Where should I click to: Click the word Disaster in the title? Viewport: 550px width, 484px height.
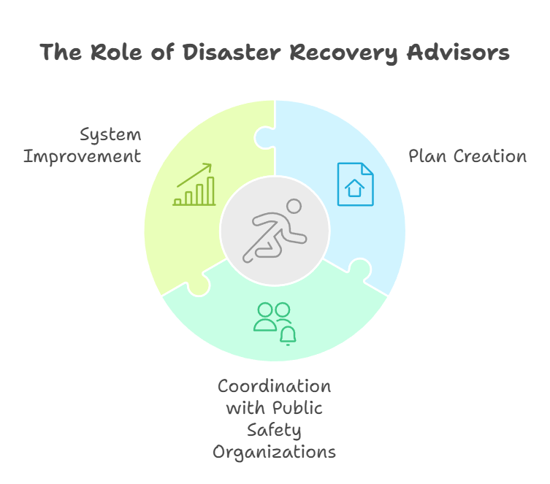tap(232, 53)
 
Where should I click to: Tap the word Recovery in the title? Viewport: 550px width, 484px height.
tap(344, 53)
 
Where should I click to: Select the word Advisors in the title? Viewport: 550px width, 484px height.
tap(458, 53)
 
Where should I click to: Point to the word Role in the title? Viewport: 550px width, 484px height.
tap(116, 53)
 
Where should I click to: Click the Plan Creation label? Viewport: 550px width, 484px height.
tap(467, 156)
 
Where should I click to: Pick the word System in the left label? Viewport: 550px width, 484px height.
tap(110, 135)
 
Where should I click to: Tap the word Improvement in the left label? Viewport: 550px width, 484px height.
tap(82, 156)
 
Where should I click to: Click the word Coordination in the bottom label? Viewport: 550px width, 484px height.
tap(275, 386)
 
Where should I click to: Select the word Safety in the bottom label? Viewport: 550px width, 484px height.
tap(274, 431)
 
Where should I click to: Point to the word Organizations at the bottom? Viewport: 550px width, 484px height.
tap(275, 452)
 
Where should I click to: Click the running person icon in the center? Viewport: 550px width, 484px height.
tap(275, 231)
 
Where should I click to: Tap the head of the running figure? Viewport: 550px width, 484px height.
tap(294, 206)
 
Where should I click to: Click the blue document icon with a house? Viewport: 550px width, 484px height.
tap(355, 184)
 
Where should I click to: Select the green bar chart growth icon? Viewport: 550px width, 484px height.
tap(194, 185)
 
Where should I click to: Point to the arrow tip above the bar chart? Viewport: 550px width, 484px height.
tap(211, 164)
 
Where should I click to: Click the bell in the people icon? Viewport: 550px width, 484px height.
tap(288, 335)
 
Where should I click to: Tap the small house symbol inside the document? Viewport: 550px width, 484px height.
tap(355, 188)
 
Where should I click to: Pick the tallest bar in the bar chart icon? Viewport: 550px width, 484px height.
tap(210, 191)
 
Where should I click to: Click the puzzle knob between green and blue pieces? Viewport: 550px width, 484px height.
tap(263, 138)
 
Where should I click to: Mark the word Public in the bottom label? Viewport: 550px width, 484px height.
tap(297, 408)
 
